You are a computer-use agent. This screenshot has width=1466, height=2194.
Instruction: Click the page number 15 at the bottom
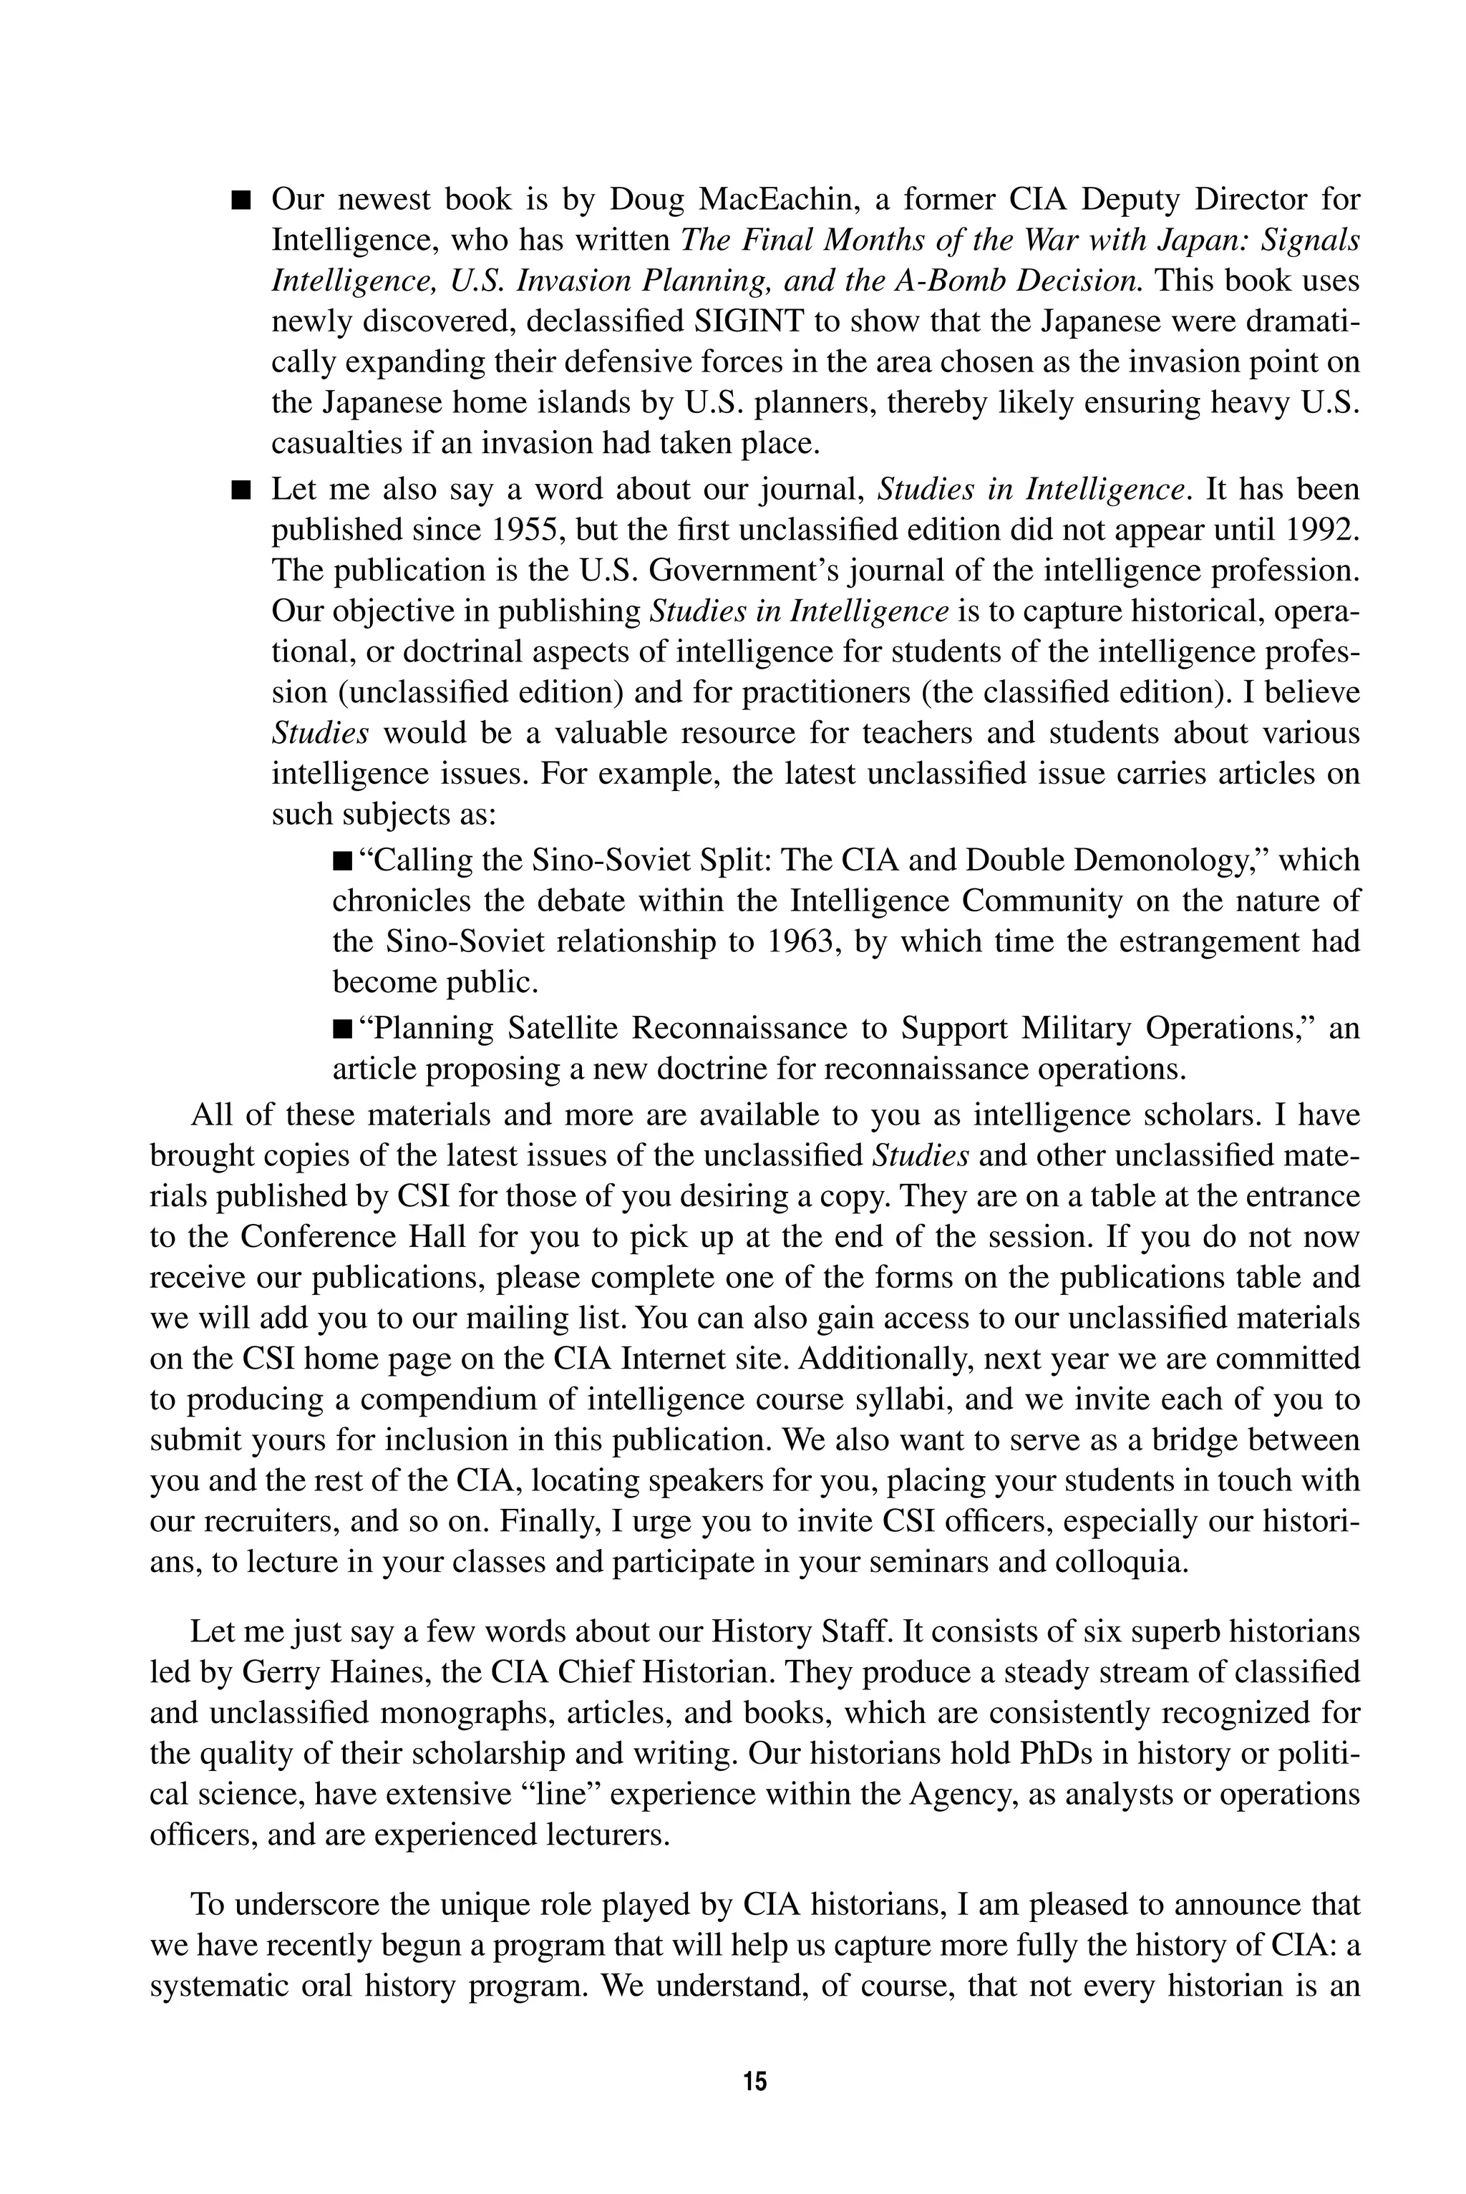[x=755, y=2081]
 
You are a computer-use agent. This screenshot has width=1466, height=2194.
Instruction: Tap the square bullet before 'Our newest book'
[x=242, y=200]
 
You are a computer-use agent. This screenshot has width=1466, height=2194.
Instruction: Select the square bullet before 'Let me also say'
[x=242, y=490]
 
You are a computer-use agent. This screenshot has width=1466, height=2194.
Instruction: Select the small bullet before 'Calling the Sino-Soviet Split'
[x=342, y=860]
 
